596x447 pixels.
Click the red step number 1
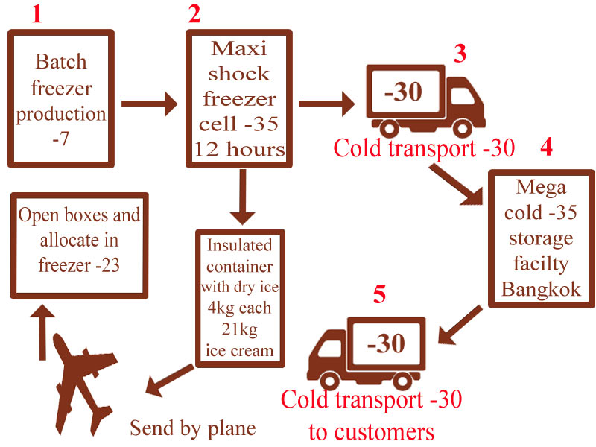point(37,14)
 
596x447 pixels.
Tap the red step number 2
point(194,14)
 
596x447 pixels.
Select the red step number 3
point(460,54)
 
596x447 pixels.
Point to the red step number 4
point(546,147)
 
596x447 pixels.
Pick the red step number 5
point(379,294)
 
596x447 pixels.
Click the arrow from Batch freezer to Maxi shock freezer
point(150,104)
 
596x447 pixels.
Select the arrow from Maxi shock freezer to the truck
point(326,104)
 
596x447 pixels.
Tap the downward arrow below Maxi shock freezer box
point(243,197)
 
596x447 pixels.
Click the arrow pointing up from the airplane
point(42,332)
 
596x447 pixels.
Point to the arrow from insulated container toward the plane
point(170,380)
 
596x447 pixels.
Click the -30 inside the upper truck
point(403,92)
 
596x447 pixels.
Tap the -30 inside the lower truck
point(386,343)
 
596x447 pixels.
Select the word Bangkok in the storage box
point(541,289)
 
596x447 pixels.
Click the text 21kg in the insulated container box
point(239,329)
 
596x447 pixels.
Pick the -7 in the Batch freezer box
point(61,139)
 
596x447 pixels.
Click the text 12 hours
point(239,149)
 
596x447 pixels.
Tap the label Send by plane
point(193,428)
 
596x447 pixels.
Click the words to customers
point(371,432)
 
